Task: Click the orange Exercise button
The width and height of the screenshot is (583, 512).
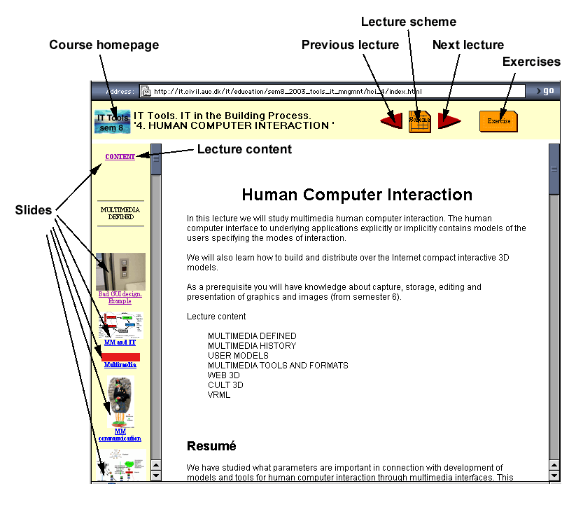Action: point(498,120)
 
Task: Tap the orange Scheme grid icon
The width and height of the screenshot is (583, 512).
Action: point(419,120)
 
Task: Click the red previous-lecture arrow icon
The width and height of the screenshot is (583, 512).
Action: point(391,121)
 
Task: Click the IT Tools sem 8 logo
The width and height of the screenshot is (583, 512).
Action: point(112,122)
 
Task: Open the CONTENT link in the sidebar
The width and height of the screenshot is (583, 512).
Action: point(120,157)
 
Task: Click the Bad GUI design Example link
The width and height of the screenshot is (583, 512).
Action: point(120,297)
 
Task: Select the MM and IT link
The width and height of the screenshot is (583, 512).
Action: point(120,343)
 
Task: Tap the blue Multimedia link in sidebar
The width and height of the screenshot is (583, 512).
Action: point(120,365)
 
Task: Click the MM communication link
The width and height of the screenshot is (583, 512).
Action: point(120,435)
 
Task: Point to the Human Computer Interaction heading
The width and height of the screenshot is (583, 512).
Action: point(357,195)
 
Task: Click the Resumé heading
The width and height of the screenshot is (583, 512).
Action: point(211,445)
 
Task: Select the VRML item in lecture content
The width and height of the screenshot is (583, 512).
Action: point(219,394)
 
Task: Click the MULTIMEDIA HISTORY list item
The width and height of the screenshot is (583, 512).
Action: point(252,345)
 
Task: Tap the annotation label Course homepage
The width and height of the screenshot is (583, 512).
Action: point(104,45)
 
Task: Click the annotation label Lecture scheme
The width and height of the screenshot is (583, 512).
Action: point(409,22)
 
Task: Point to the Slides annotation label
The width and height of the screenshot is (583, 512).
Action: point(34,209)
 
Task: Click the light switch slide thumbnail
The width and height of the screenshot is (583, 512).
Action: point(120,272)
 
